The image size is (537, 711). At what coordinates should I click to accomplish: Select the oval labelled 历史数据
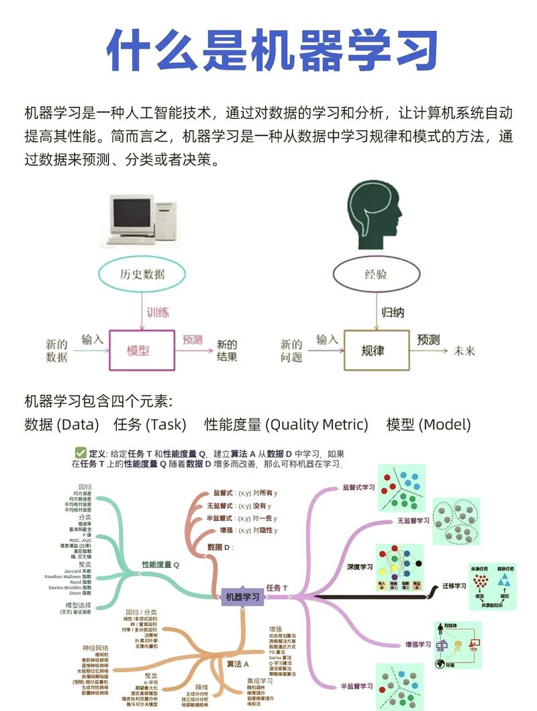[142, 274]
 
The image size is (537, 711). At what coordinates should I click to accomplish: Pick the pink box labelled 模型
[138, 350]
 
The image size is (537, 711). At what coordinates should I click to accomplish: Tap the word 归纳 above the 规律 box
[393, 312]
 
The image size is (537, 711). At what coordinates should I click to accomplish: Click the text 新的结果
[227, 350]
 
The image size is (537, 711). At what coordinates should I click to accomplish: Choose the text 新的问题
[291, 350]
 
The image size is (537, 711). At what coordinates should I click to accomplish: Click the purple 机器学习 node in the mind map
[242, 596]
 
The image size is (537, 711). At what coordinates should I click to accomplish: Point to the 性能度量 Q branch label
[160, 565]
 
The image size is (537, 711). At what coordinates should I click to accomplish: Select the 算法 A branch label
[238, 663]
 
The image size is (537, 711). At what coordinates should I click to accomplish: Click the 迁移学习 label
[454, 585]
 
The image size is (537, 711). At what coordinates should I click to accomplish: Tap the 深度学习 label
[360, 567]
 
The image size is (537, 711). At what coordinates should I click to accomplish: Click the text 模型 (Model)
[428, 424]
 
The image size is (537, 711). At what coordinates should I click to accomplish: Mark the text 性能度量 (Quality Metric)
[286, 424]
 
